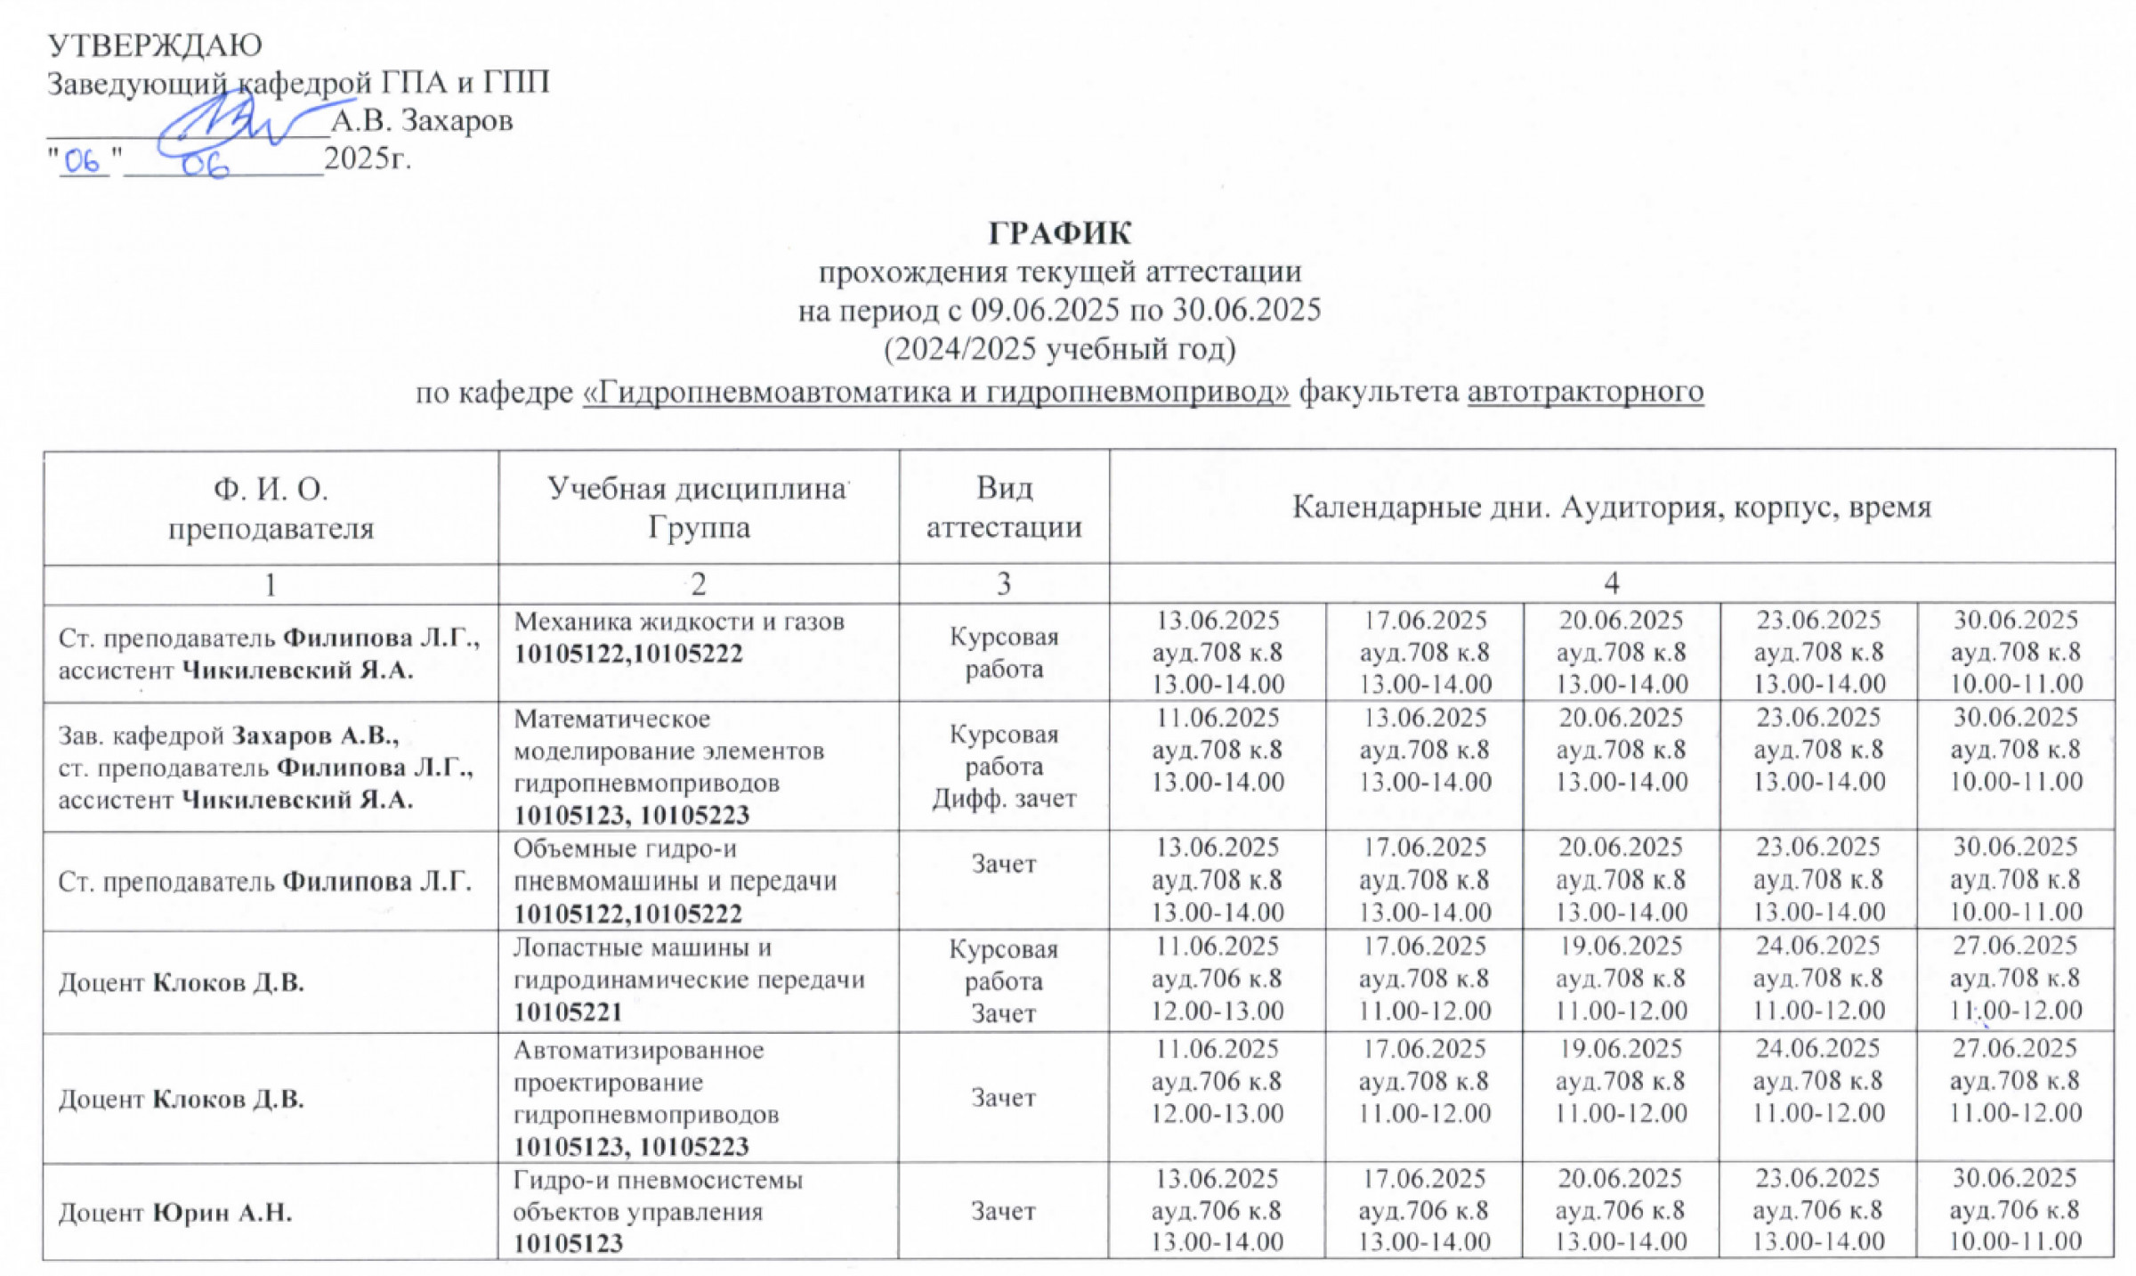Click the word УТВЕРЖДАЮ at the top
(x=154, y=45)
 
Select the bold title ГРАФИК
(x=1059, y=233)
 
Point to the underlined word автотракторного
(x=1585, y=391)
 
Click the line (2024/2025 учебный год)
(x=1059, y=349)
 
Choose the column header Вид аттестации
(x=1004, y=507)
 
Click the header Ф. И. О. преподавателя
(x=271, y=508)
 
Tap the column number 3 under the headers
(x=1004, y=584)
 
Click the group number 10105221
(x=568, y=1012)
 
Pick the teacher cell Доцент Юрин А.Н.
(x=175, y=1212)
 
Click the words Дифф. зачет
(x=1004, y=799)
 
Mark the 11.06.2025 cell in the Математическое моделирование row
(x=1218, y=750)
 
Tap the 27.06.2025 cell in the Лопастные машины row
(x=2015, y=978)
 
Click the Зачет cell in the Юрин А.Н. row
(x=1003, y=1211)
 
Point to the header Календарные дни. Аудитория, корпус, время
(x=1612, y=507)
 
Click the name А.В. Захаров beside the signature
(x=422, y=120)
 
